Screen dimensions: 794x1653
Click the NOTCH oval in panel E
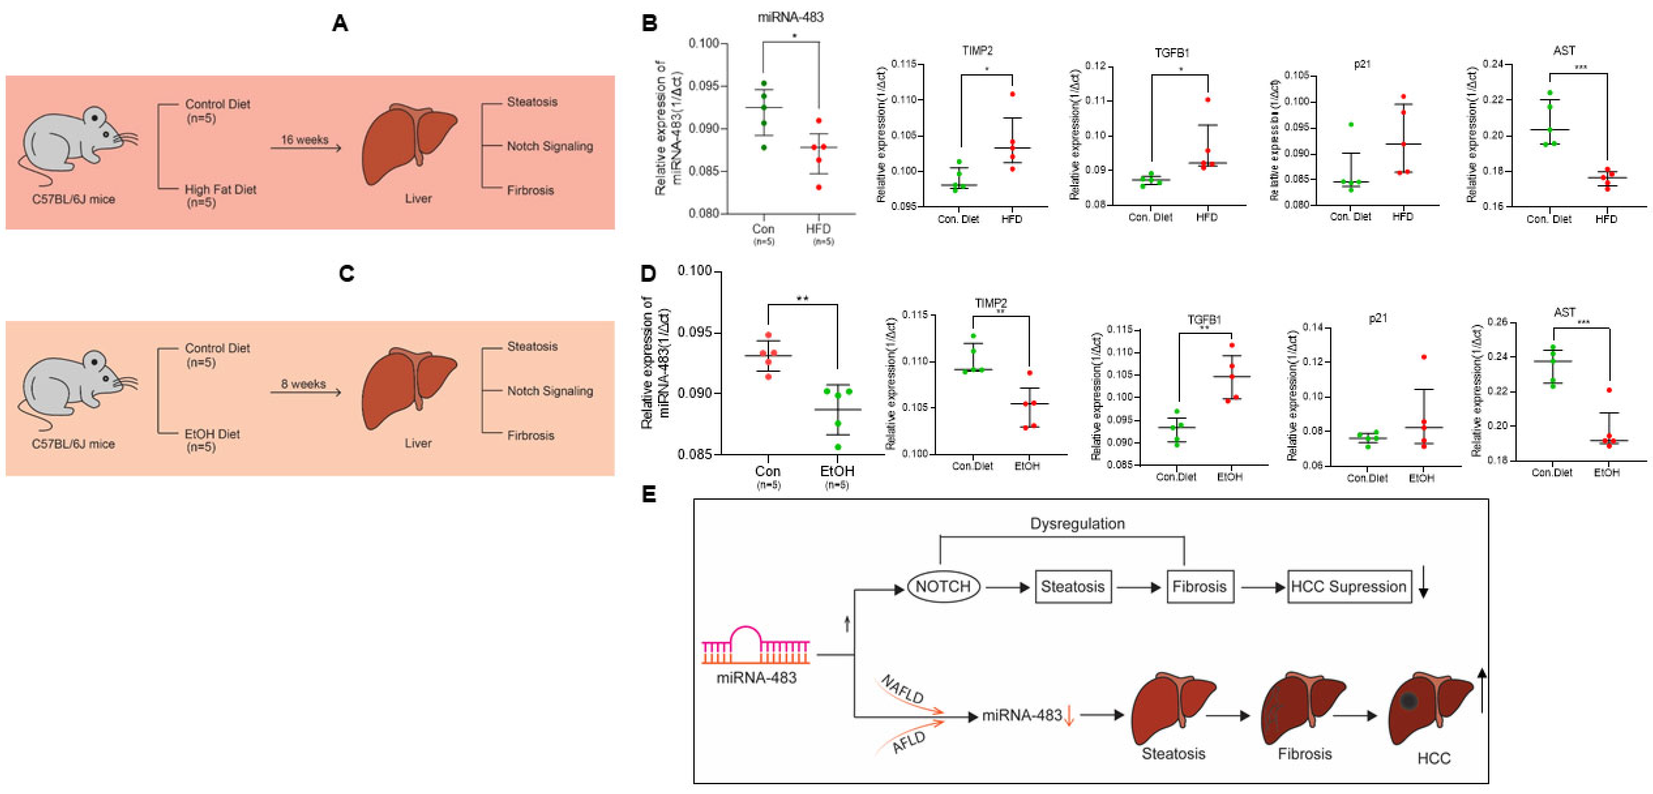(943, 586)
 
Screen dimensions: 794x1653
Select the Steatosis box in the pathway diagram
(1072, 586)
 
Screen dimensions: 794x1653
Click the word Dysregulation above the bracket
(1077, 524)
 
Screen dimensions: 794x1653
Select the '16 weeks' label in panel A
(304, 140)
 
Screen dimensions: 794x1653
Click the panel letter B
(649, 24)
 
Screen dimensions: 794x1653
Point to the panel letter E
(649, 495)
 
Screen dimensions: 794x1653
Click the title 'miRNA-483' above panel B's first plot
(790, 17)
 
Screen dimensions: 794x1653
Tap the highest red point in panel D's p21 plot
(1424, 357)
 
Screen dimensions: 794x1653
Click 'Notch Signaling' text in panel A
(550, 146)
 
